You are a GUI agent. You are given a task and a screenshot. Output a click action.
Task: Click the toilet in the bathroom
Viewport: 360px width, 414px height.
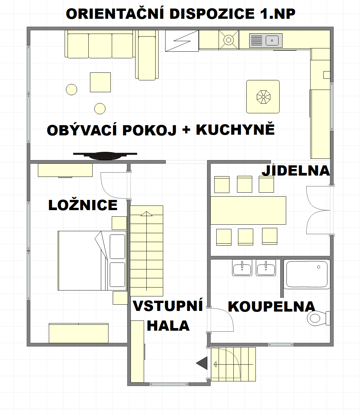pyautogui.click(x=317, y=318)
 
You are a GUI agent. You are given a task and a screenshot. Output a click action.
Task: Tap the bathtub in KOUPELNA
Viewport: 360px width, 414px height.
pyautogui.click(x=307, y=275)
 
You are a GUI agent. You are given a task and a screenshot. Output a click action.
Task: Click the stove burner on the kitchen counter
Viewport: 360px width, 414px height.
pyautogui.click(x=228, y=40)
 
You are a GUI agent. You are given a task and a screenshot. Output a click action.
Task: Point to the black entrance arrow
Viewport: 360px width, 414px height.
pyautogui.click(x=202, y=364)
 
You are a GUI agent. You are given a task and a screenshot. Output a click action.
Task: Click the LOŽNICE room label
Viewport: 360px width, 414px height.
pyautogui.click(x=83, y=205)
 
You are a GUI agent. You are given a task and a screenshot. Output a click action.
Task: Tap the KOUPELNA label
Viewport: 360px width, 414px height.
pyautogui.click(x=271, y=307)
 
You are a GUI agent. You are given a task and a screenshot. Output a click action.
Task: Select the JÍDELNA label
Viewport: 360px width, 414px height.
pyautogui.click(x=296, y=171)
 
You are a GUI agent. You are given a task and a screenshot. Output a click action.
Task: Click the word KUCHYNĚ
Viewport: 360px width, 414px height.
pyautogui.click(x=235, y=130)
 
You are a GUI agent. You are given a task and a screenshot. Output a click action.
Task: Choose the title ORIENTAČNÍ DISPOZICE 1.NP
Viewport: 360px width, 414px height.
pyautogui.click(x=180, y=14)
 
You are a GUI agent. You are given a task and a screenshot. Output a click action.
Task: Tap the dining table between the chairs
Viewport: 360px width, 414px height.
pyautogui.click(x=248, y=210)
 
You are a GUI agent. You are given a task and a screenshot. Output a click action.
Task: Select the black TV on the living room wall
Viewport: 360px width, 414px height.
pyautogui.click(x=105, y=155)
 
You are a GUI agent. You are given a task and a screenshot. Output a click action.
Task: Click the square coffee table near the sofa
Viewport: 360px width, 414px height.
pyautogui.click(x=100, y=82)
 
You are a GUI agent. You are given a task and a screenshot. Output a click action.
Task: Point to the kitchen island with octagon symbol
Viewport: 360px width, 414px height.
pyautogui.click(x=263, y=97)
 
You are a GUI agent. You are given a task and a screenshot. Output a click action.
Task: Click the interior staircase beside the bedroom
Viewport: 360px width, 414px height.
pyautogui.click(x=146, y=251)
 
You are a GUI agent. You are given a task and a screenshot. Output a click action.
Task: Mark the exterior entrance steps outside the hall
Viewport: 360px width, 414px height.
pyautogui.click(x=233, y=364)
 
